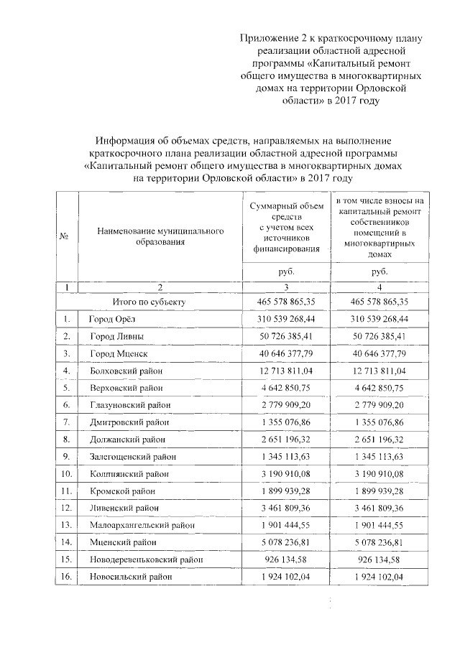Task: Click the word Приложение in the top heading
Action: (267, 37)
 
